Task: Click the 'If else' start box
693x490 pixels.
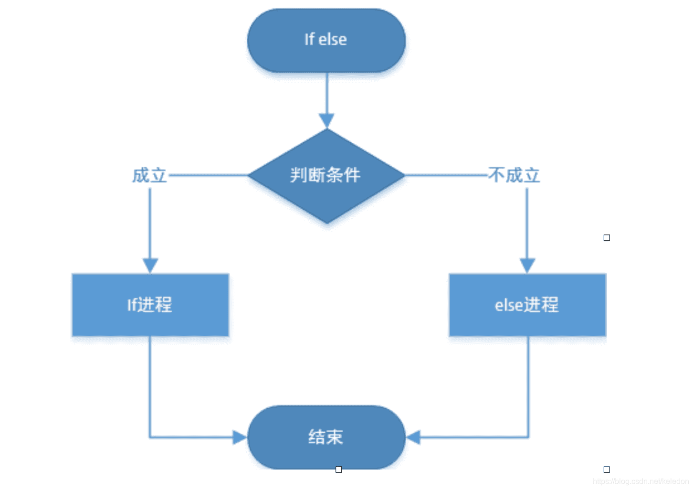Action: [326, 41]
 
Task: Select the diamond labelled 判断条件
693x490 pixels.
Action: [326, 175]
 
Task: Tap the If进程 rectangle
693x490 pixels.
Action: [150, 305]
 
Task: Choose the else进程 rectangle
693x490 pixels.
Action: [527, 305]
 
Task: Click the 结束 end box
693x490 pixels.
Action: [326, 437]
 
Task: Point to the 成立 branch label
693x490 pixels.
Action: [149, 176]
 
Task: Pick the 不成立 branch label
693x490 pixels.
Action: [514, 176]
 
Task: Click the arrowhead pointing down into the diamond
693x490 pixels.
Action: [326, 121]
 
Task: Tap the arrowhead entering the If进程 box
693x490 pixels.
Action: [150, 266]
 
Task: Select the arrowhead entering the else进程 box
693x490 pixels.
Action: [527, 266]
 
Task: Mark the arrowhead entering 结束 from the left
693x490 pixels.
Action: [240, 437]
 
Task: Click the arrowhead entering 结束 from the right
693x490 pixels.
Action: [413, 437]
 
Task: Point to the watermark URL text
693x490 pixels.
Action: [640, 481]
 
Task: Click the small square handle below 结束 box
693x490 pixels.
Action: [338, 469]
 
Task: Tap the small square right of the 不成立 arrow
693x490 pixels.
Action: [607, 237]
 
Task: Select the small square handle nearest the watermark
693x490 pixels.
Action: [607, 469]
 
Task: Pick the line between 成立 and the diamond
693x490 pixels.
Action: [208, 176]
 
